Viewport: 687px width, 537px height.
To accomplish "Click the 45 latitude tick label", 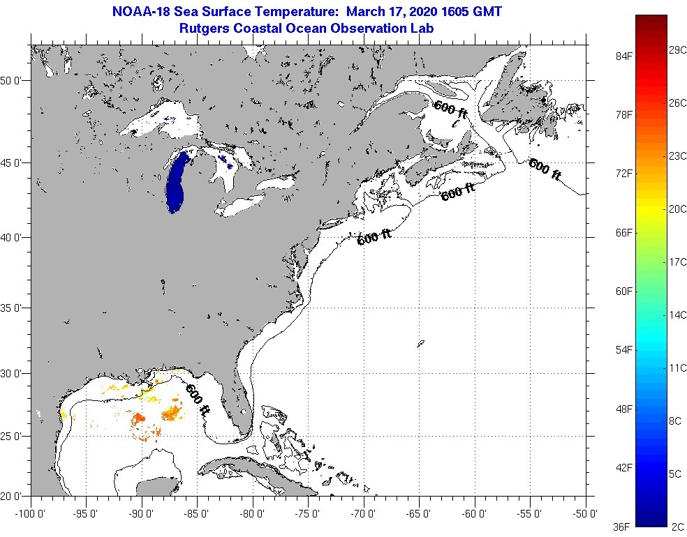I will tap(13, 162).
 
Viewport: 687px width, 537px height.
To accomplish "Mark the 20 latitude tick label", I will tap(13, 497).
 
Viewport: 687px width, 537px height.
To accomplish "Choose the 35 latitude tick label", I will tap(13, 308).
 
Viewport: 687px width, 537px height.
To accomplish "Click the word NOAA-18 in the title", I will tap(139, 11).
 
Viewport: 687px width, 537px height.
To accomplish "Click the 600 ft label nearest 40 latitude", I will tap(374, 238).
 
